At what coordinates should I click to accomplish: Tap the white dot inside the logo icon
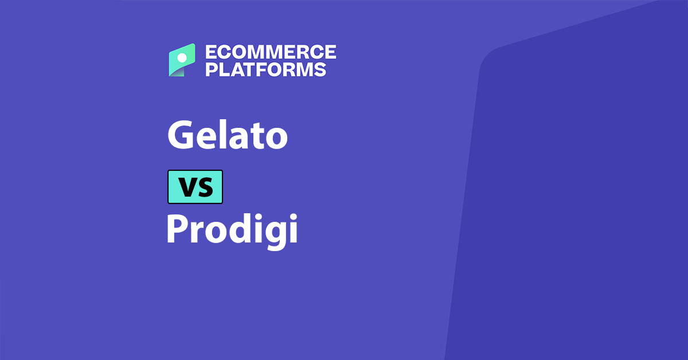[182, 57]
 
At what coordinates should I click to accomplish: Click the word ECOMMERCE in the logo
[271, 52]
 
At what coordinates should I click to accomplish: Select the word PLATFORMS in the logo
[266, 69]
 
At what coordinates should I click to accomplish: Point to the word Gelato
[227, 135]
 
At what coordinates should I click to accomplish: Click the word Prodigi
[232, 229]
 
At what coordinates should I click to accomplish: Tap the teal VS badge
[195, 187]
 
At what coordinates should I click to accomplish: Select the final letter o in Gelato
[275, 139]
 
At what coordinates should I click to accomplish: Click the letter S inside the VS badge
[205, 187]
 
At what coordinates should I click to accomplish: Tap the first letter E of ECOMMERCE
[211, 52]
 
